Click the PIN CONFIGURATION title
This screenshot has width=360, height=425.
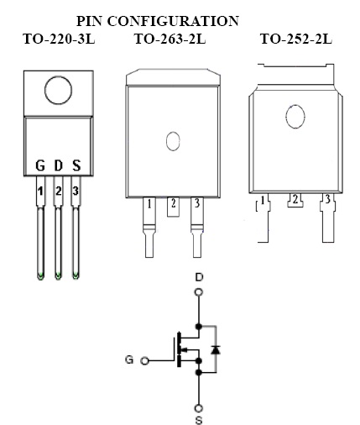(158, 21)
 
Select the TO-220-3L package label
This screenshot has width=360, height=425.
(59, 39)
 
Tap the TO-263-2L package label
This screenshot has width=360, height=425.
(170, 39)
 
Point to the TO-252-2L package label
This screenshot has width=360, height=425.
(296, 39)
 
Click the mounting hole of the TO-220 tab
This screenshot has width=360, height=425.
(58, 91)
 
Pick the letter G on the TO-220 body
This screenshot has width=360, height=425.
(40, 165)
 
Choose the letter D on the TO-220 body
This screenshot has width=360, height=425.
(58, 165)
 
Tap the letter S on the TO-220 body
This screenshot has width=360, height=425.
(76, 165)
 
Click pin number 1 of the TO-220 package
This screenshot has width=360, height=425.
(40, 192)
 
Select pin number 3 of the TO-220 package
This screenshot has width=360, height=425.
(76, 192)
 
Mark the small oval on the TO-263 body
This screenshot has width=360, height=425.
(173, 141)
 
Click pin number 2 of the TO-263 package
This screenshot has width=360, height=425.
(174, 203)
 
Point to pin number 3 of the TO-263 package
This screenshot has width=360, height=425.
(197, 203)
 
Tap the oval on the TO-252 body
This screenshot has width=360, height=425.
(295, 116)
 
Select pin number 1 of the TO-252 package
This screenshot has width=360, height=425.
(263, 201)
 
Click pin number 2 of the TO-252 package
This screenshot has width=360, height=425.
(295, 199)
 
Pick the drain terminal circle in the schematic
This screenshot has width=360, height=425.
(199, 292)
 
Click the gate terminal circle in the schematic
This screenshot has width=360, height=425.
(144, 361)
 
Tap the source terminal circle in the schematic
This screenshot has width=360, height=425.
(199, 408)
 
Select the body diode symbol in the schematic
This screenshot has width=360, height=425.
(216, 350)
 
